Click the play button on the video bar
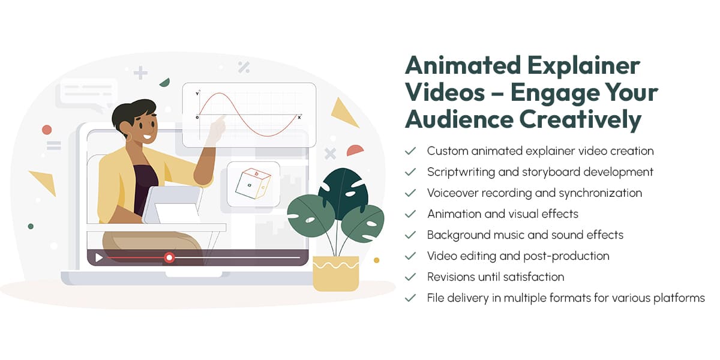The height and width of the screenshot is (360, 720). click(99, 258)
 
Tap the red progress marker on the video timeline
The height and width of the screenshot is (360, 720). click(169, 257)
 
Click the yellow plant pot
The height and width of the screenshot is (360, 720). click(335, 273)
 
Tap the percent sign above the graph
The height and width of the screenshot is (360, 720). click(244, 67)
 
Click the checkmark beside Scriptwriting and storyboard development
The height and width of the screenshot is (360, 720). click(410, 172)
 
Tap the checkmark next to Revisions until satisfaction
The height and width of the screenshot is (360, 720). click(410, 277)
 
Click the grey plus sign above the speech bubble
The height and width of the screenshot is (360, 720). click(140, 73)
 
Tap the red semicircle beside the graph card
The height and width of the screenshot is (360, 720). click(355, 150)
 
